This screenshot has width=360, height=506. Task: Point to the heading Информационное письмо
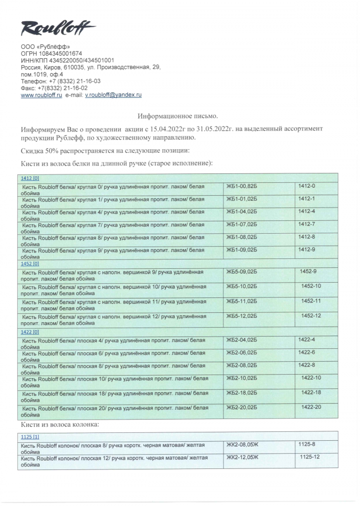178,116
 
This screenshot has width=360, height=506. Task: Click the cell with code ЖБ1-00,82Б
242,186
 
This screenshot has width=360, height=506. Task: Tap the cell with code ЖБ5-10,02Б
242,286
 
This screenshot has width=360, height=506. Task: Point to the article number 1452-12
312,315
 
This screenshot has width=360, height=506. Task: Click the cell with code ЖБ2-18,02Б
242,392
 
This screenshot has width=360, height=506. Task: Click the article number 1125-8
307,445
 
